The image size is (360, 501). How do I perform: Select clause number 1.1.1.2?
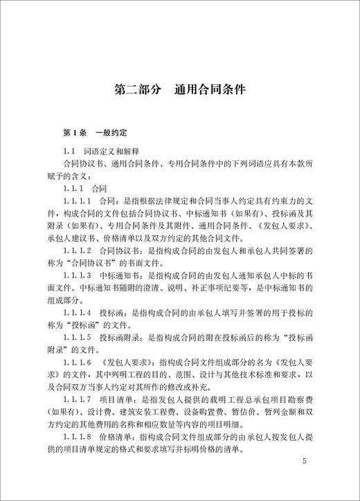click(80, 251)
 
